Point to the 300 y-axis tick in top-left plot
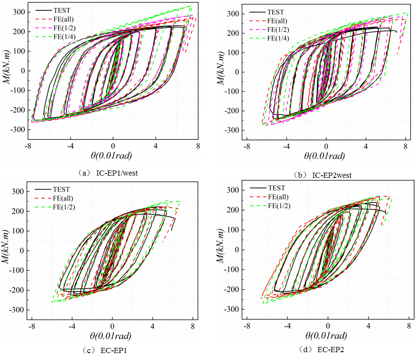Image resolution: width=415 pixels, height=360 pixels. [18, 12]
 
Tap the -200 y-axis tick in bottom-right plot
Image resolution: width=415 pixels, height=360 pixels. [233, 290]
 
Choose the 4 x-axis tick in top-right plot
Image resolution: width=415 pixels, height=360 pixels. [365, 147]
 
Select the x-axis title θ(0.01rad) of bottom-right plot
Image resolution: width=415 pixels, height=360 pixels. [326, 335]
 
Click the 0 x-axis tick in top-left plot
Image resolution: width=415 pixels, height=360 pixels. [113, 147]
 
